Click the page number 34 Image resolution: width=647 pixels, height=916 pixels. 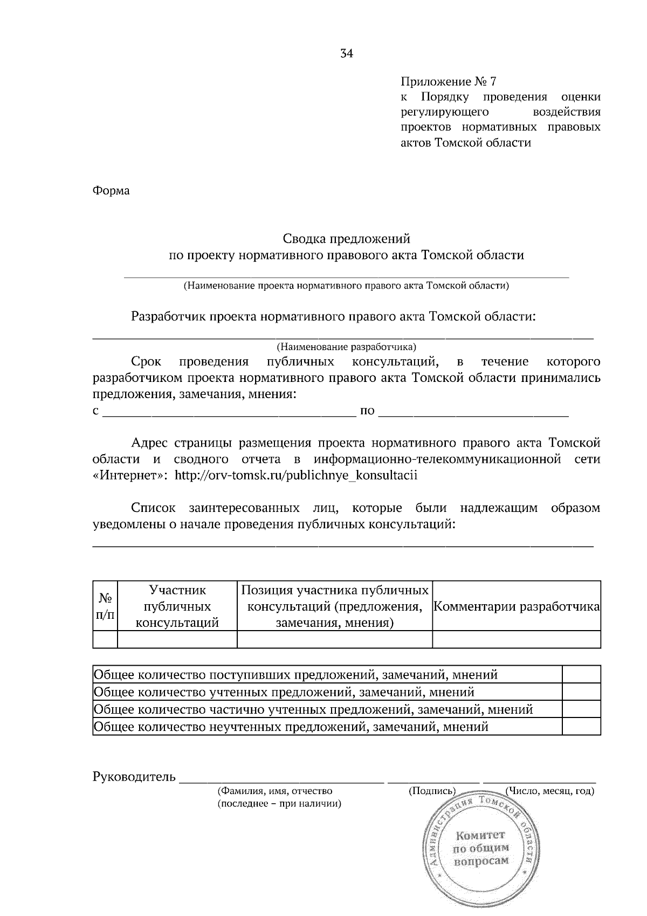coord(346,53)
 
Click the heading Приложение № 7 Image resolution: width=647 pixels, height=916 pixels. coord(448,81)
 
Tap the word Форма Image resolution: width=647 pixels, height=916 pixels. coord(111,190)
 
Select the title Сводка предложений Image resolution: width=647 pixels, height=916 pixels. coord(346,238)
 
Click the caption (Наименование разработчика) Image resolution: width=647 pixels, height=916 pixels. coord(346,346)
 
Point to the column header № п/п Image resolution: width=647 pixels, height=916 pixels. coord(105,606)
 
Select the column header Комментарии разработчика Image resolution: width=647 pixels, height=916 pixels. coord(517,606)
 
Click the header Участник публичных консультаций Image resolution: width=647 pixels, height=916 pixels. coord(177,606)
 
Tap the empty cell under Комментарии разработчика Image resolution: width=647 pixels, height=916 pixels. coord(517,639)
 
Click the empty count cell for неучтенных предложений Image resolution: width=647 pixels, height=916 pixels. coord(581,727)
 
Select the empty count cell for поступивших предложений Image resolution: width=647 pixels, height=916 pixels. coord(581,675)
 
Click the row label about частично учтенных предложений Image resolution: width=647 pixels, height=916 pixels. coord(313,709)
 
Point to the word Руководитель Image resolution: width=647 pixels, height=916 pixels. coord(134,776)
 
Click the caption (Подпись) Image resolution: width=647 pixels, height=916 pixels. coord(432,791)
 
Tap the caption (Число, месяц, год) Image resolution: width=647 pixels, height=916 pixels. coord(549,791)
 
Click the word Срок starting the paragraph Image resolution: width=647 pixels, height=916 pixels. coord(146,361)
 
